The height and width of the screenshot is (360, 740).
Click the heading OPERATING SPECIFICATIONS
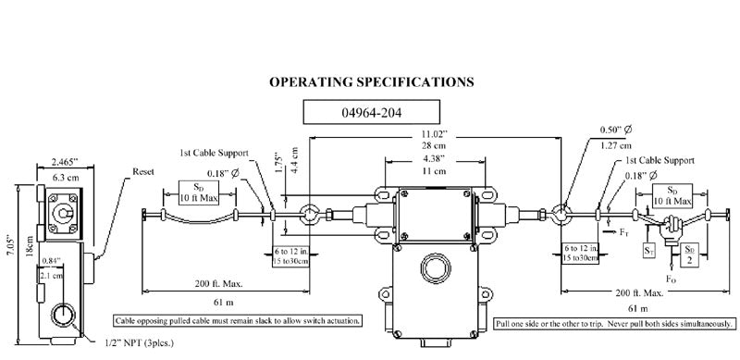(372, 81)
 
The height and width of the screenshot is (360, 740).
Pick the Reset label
(143, 171)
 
